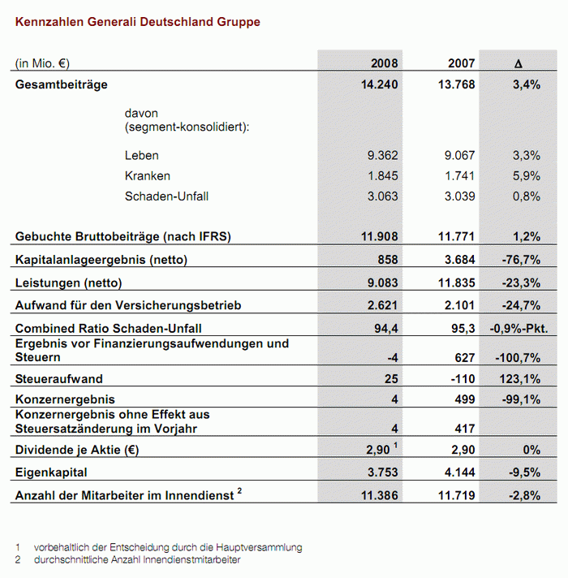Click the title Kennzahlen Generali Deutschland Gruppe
click(x=138, y=22)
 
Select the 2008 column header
click(x=384, y=63)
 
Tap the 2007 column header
click(x=461, y=63)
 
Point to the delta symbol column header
click(x=519, y=64)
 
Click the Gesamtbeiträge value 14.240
click(x=380, y=84)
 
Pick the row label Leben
click(x=141, y=155)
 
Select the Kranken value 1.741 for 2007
click(x=459, y=176)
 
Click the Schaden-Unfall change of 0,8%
click(x=527, y=196)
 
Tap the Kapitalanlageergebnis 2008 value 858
click(x=388, y=260)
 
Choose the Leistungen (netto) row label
click(x=68, y=283)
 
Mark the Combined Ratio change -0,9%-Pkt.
click(x=519, y=328)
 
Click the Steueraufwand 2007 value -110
click(x=463, y=379)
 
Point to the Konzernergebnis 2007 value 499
click(x=465, y=399)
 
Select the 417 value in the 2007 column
click(x=465, y=429)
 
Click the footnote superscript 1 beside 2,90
click(x=396, y=445)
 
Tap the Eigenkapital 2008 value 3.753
click(x=383, y=472)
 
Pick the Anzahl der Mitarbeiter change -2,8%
click(x=524, y=495)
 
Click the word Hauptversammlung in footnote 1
click(x=259, y=548)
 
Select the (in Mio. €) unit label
click(x=42, y=63)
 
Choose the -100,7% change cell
click(x=518, y=357)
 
